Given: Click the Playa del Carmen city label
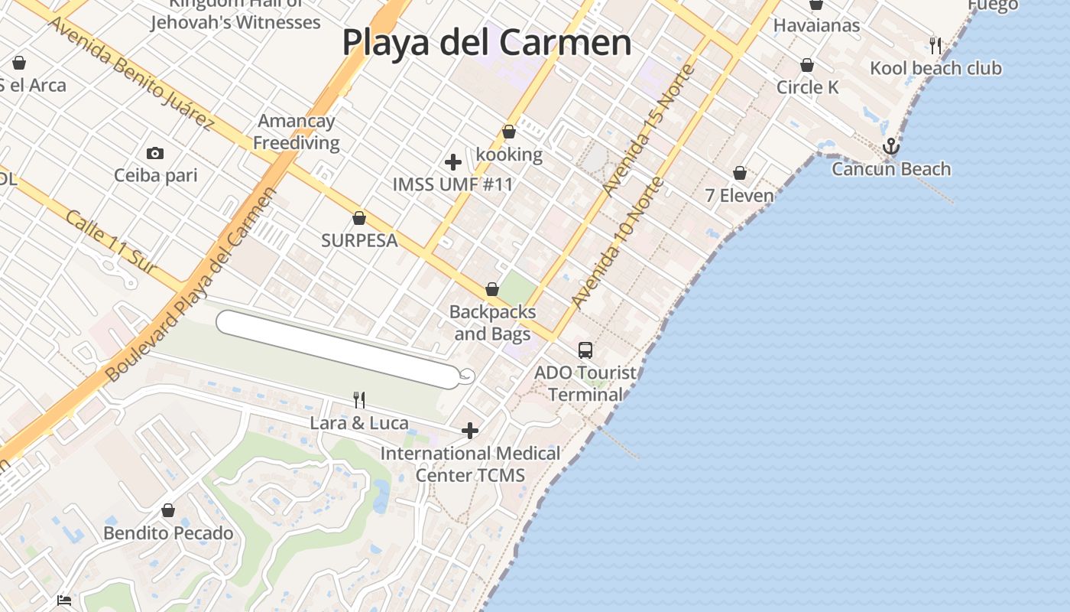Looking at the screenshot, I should click(x=487, y=42).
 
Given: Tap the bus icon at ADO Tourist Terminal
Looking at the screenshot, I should click(x=585, y=350).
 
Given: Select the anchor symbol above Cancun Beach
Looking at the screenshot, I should click(x=890, y=146).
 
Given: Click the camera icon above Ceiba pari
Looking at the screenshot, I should click(x=155, y=154).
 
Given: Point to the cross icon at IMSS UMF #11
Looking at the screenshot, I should click(x=453, y=162).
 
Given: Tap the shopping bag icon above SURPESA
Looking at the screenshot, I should click(x=359, y=219).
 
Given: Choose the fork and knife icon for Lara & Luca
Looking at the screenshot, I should click(x=359, y=399).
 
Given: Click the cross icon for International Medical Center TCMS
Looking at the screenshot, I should click(x=470, y=431).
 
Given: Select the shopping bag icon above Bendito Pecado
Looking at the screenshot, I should click(x=168, y=510).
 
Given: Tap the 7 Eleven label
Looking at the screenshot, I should click(x=739, y=196).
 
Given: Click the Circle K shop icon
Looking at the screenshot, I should click(x=807, y=66).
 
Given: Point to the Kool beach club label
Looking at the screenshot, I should click(x=935, y=68).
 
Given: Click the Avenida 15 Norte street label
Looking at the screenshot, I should click(x=649, y=130).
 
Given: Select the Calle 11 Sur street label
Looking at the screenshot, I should click(x=111, y=242).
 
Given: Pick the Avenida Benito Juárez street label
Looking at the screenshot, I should click(x=131, y=72).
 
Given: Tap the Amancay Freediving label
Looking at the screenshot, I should click(x=297, y=132).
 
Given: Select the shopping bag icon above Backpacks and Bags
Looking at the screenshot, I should click(x=492, y=290).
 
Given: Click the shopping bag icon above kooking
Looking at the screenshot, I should click(x=509, y=132).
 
